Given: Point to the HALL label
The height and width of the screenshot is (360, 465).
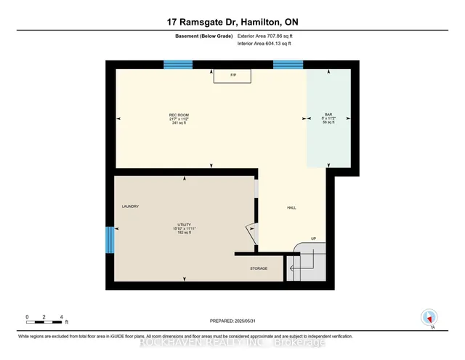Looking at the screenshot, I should point(291,208).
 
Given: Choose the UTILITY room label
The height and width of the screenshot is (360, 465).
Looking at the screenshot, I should point(185,225).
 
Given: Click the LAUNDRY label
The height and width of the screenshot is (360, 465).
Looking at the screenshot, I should point(130,207).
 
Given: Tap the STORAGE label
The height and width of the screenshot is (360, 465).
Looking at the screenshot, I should point(259,268).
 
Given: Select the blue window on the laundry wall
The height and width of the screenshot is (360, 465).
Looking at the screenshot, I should point(110,239).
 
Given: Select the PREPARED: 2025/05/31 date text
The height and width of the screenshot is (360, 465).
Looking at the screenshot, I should point(232,321).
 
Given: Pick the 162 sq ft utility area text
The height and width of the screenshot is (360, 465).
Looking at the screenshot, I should point(185,234).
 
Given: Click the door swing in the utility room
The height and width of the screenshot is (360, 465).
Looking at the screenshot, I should point(251,233).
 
